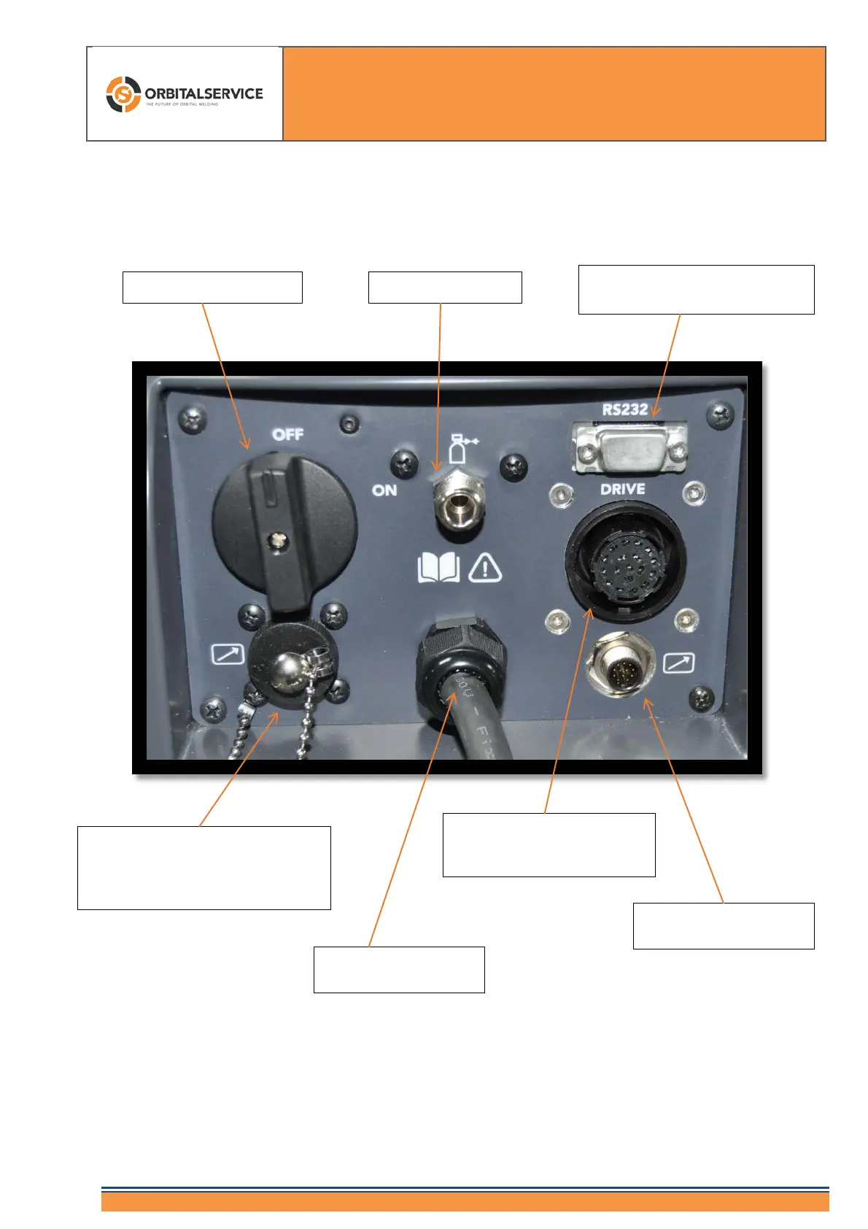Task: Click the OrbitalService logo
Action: point(184,94)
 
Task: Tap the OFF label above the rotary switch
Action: point(287,434)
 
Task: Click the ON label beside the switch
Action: point(384,490)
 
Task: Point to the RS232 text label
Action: point(625,409)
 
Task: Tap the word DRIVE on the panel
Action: point(622,489)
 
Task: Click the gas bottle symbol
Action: point(459,448)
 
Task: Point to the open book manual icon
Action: point(438,569)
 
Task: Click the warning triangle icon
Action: point(485,568)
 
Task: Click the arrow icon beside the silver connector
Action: point(679,663)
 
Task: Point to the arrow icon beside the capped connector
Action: point(228,654)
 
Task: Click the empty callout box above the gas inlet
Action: point(445,287)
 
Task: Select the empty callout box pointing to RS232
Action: point(696,290)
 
